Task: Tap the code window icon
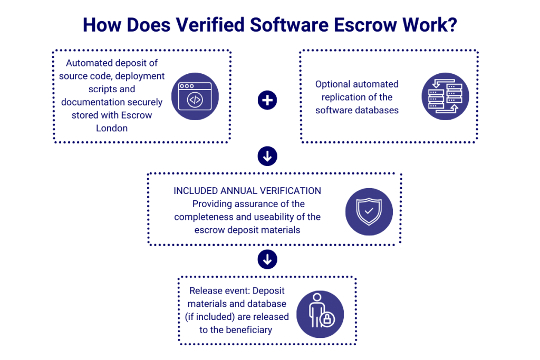point(195,96)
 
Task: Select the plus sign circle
point(267,100)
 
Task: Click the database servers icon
point(446,96)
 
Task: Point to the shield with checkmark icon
point(369,211)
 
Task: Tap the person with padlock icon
point(320,314)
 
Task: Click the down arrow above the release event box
point(267,259)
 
